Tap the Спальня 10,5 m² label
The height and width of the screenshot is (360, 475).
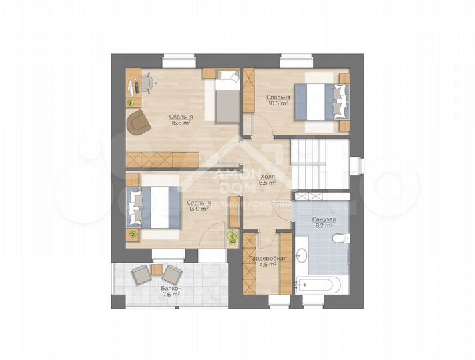pos(278,100)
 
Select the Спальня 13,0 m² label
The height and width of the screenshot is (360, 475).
pos(199,205)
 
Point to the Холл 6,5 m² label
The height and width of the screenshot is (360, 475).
pos(267,179)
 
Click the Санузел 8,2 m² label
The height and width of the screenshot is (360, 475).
pos(324,223)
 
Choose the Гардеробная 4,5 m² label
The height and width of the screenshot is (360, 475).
pos(267,261)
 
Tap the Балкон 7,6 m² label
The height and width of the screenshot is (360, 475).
pos(171,292)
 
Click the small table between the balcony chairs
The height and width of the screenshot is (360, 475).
pos(157,269)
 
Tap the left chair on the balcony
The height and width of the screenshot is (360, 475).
pos(141,274)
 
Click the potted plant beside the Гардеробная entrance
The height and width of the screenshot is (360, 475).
pos(233,237)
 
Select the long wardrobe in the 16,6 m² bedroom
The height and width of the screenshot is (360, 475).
pos(162,159)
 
